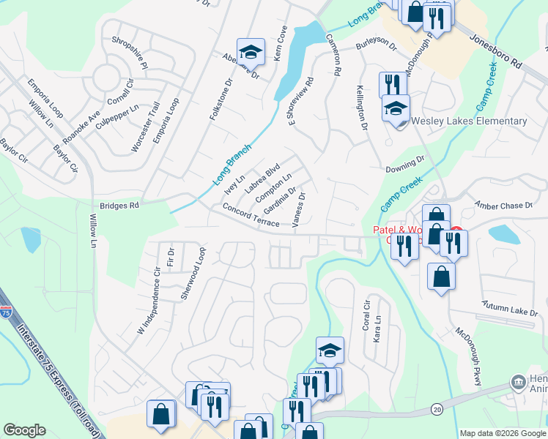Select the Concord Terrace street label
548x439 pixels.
(x=251, y=217)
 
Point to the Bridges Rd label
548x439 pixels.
(x=114, y=206)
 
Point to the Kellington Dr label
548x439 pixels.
(x=362, y=108)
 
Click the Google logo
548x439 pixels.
(x=24, y=430)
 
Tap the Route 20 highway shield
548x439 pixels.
(x=437, y=408)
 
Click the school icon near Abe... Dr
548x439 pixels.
(x=251, y=52)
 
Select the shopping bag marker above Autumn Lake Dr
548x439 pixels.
(x=441, y=277)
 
